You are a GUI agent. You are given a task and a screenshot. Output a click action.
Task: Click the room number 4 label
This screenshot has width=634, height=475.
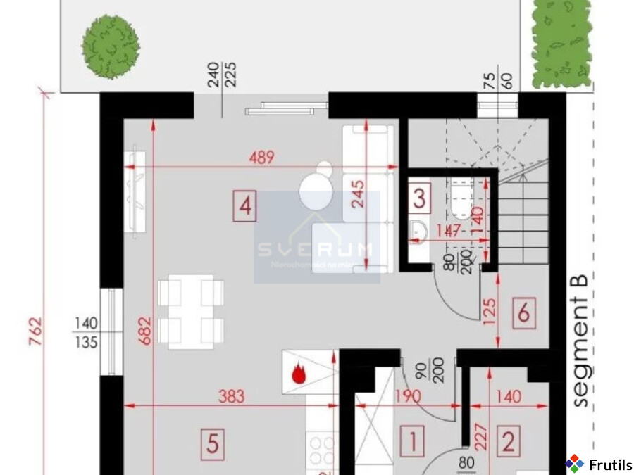(244, 207)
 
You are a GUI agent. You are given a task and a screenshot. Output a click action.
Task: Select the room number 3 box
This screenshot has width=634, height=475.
(419, 198)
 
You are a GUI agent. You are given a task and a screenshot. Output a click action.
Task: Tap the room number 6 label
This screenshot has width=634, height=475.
(523, 312)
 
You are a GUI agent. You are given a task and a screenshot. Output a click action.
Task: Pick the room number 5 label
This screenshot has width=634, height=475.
(213, 443)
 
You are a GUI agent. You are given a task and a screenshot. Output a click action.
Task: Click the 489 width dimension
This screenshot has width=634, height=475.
(261, 158)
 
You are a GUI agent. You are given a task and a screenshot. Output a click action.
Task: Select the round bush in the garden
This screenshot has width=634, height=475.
(110, 46)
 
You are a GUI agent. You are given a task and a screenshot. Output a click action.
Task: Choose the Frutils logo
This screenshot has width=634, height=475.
(599, 464)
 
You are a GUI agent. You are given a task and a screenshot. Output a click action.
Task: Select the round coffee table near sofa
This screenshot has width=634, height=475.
(315, 191)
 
